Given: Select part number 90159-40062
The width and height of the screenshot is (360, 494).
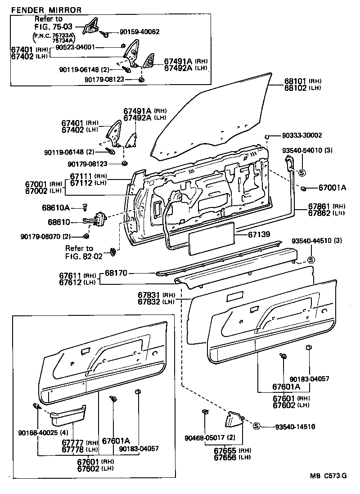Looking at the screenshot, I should point(139,32).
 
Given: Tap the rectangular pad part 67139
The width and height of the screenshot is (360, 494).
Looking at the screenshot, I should point(210,237).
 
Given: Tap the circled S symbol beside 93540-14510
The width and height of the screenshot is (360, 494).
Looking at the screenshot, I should point(256,427).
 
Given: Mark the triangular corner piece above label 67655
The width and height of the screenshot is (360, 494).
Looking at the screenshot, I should point(234,420).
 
